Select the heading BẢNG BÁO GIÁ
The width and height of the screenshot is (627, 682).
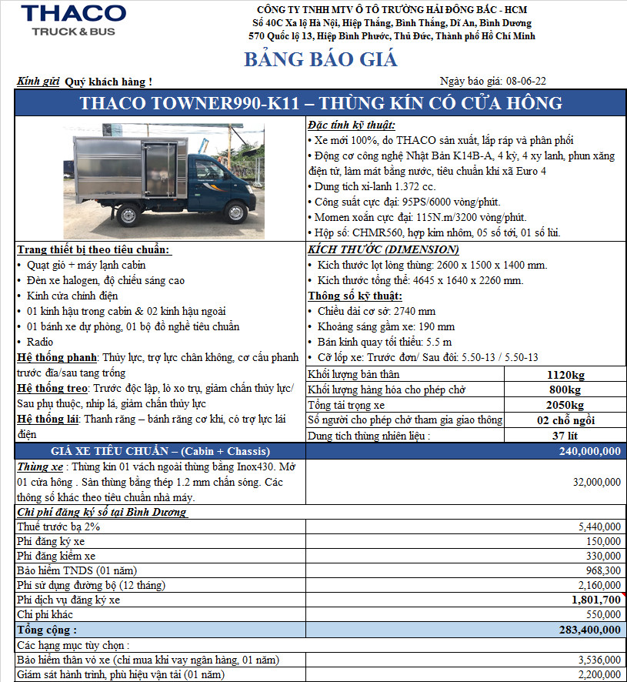pyautogui.click(x=321, y=59)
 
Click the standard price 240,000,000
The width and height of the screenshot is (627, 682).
pyautogui.click(x=590, y=451)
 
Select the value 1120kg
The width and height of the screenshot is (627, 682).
pyautogui.click(x=565, y=374)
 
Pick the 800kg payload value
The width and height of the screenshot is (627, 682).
pyautogui.click(x=565, y=389)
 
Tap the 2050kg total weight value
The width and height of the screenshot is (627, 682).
pyautogui.click(x=565, y=405)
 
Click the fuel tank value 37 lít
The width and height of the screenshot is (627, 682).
pyautogui.click(x=565, y=436)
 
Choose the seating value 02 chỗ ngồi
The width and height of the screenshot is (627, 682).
pyautogui.click(x=565, y=420)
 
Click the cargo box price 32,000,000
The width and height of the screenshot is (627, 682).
pyautogui.click(x=597, y=482)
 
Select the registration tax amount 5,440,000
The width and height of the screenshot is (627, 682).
pyautogui.click(x=599, y=527)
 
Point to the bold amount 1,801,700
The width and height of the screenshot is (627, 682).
pyautogui.click(x=595, y=600)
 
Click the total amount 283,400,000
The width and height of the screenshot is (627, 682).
pyautogui.click(x=590, y=630)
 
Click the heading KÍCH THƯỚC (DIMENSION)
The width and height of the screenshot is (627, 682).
pyautogui.click(x=383, y=249)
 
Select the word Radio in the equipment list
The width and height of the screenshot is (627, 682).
pyautogui.click(x=40, y=342)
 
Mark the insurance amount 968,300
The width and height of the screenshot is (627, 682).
pyautogui.click(x=602, y=570)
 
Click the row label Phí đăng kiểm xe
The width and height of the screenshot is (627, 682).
pyautogui.click(x=56, y=556)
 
